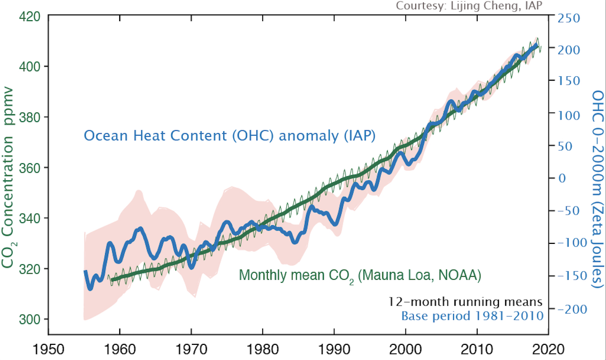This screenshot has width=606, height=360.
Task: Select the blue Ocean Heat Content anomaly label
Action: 229,136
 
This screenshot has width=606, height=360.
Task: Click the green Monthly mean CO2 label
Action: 359,276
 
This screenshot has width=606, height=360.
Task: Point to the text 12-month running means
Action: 466,302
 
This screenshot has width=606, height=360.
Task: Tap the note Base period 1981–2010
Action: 472,317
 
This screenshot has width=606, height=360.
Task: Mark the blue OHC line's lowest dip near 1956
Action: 90,289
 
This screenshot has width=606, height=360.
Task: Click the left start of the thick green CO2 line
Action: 112,279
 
